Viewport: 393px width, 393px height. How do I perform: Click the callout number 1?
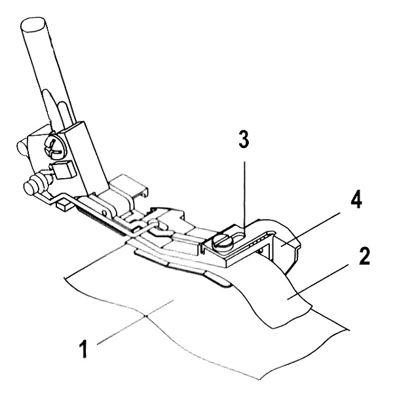(x=83, y=348)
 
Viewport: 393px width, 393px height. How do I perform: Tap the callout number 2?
(x=364, y=255)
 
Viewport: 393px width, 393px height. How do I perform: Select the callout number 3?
(x=244, y=140)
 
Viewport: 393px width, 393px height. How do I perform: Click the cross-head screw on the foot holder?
(x=54, y=149)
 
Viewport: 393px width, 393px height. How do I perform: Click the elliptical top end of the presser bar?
(x=33, y=24)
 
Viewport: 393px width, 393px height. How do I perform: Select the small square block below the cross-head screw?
(x=62, y=170)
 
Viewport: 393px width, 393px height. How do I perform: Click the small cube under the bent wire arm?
(x=64, y=204)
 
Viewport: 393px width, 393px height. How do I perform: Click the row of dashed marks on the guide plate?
(x=257, y=240)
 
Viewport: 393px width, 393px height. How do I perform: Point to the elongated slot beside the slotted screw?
(x=238, y=237)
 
